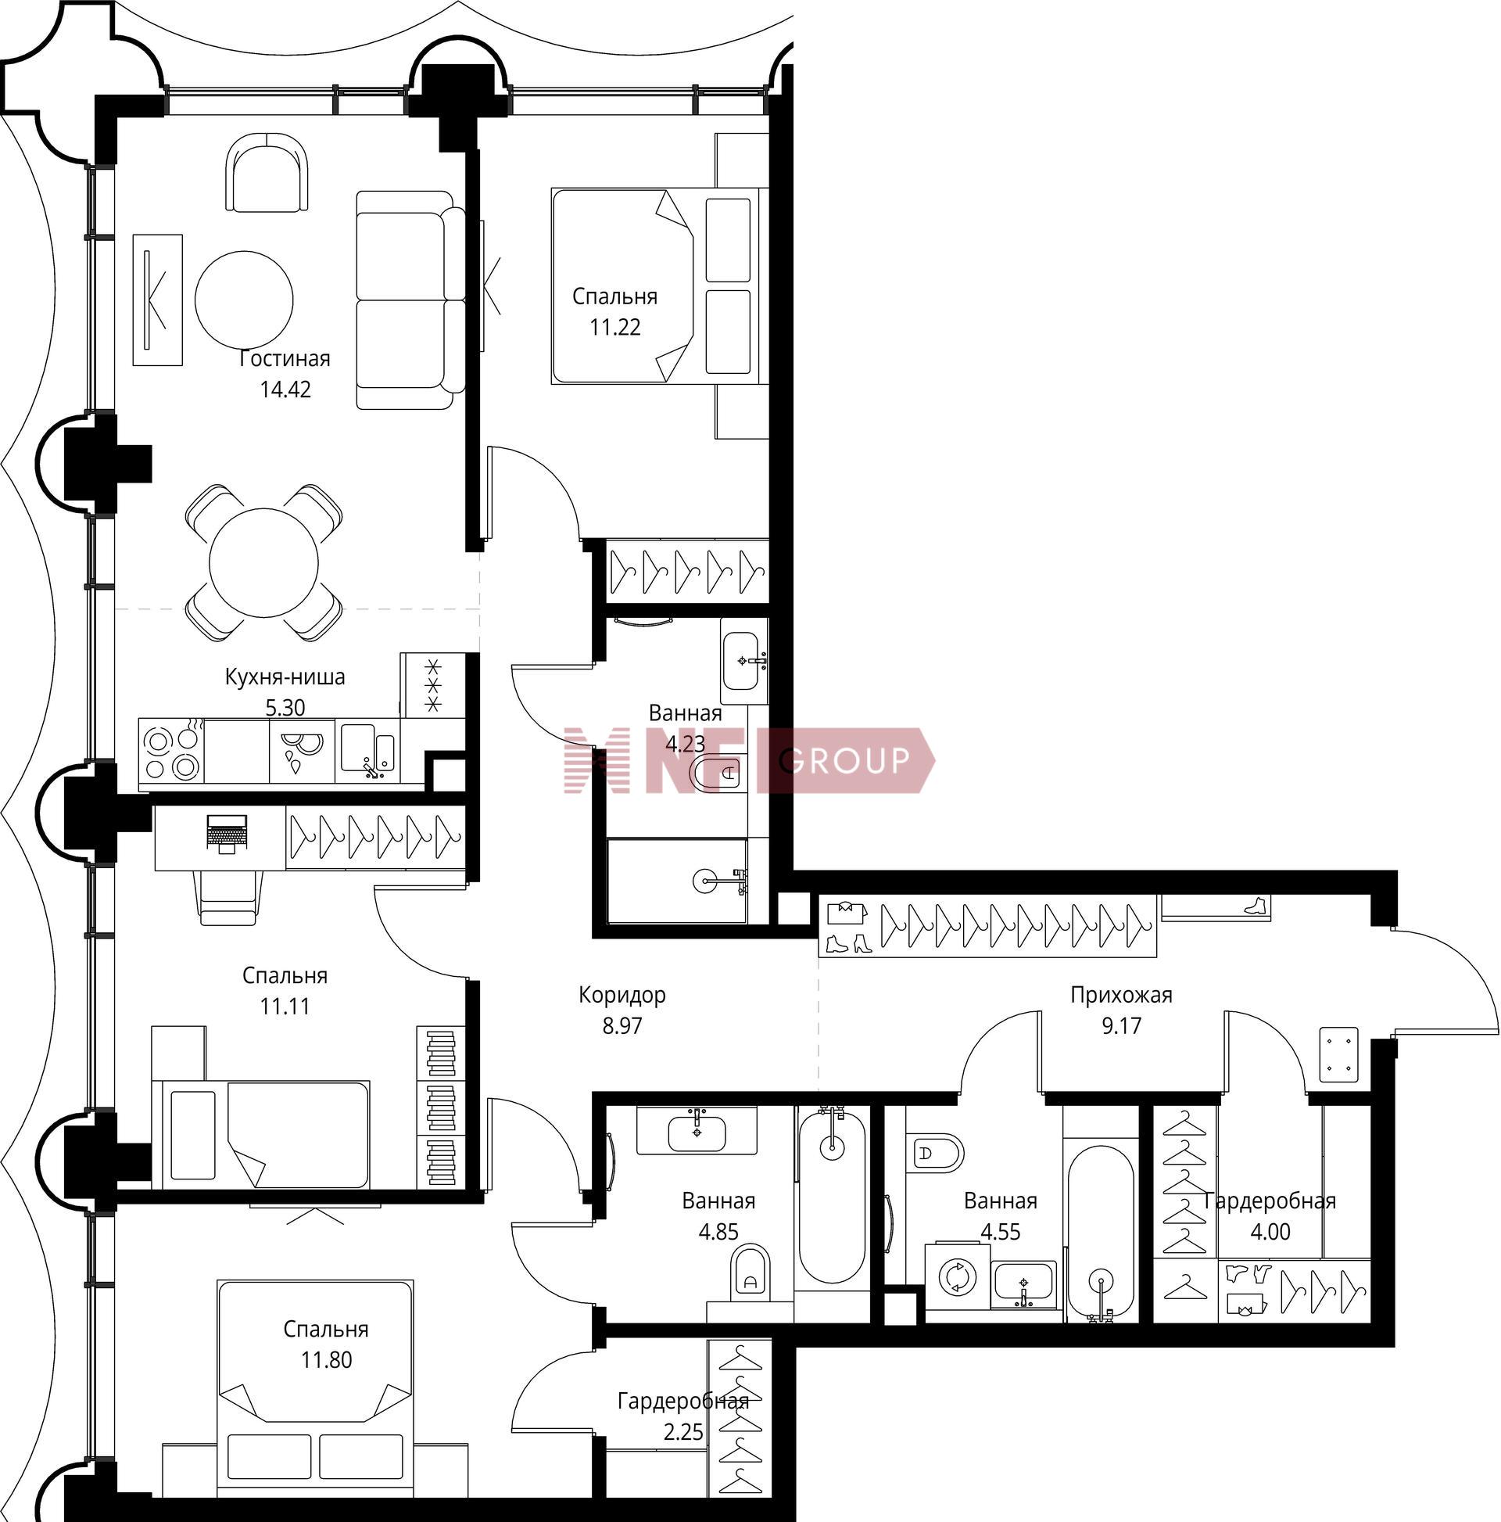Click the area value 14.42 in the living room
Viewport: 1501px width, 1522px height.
click(285, 389)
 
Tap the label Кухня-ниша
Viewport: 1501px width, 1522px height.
click(285, 677)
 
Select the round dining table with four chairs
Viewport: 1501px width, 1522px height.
click(263, 562)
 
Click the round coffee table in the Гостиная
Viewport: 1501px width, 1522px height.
click(244, 300)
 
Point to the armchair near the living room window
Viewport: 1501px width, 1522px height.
click(267, 172)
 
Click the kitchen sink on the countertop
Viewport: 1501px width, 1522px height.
click(367, 748)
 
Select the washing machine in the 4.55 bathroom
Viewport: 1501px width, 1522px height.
click(957, 1276)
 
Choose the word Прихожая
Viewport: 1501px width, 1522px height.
click(1120, 996)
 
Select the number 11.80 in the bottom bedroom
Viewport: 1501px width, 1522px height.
click(326, 1360)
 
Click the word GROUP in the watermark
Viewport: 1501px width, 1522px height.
click(848, 760)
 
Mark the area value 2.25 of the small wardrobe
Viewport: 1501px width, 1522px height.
click(682, 1431)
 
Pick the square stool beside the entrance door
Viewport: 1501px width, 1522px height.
click(1338, 1054)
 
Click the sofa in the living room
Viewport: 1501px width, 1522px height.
click(410, 300)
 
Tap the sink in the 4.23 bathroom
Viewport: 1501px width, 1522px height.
click(743, 659)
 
